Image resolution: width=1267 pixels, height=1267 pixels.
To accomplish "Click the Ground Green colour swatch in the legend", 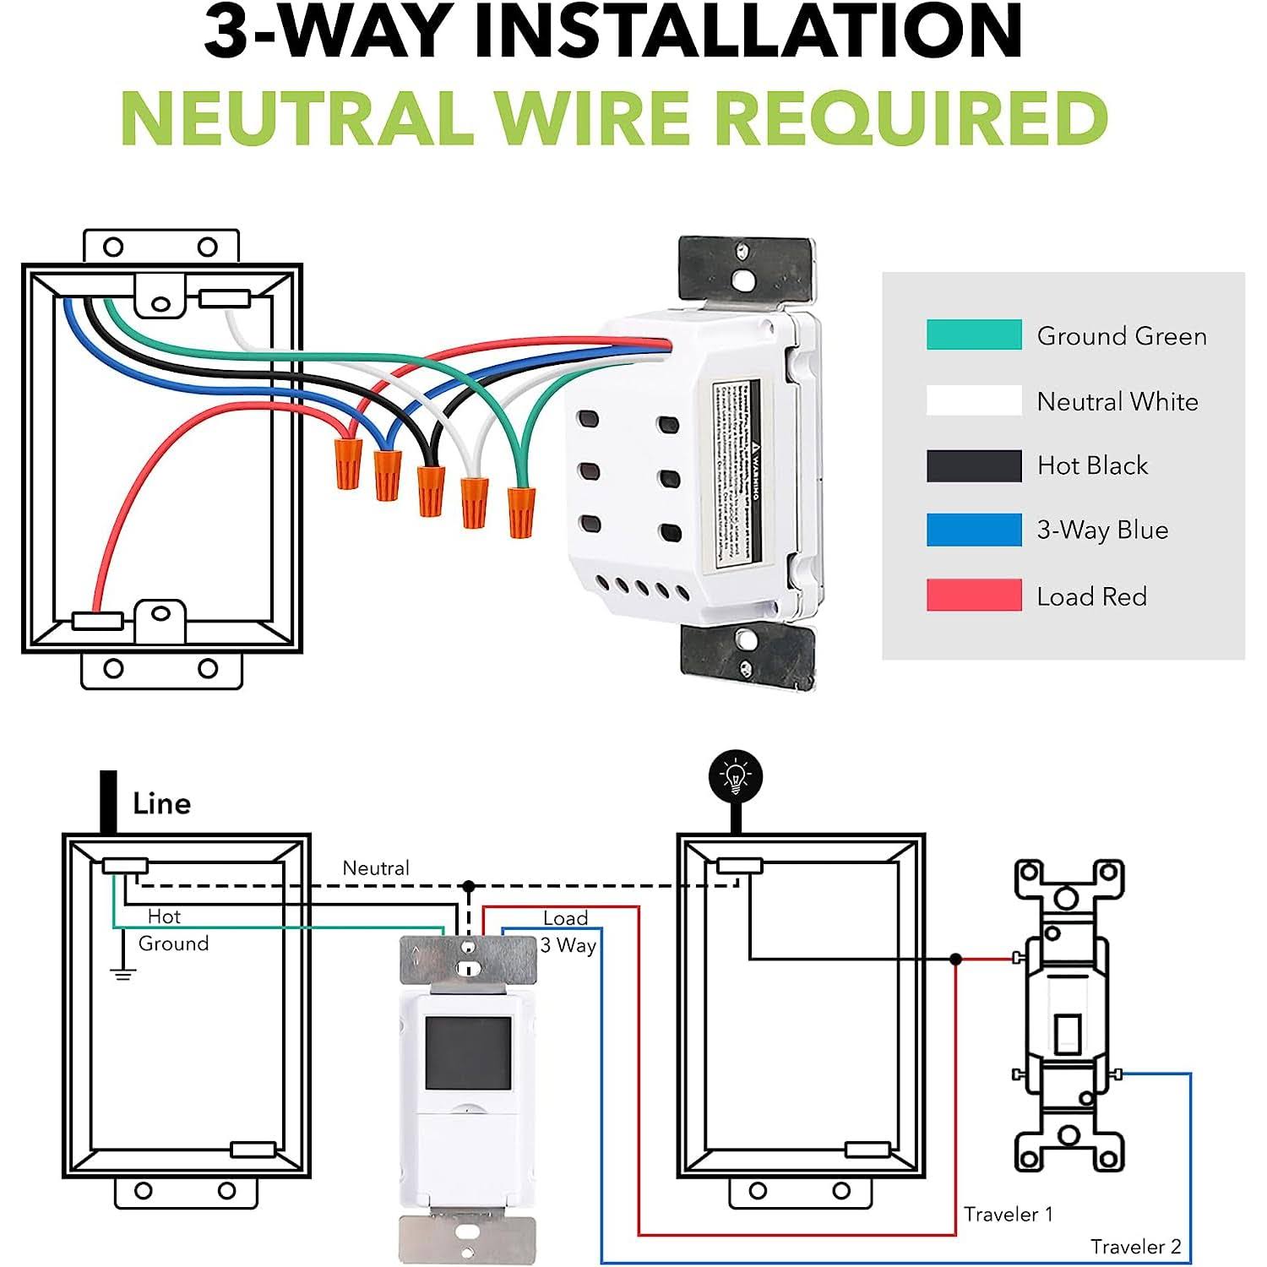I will pos(974,334).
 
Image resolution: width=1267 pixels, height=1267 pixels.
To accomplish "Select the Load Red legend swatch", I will pos(974,595).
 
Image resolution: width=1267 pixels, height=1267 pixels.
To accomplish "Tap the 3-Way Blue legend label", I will pos(1102,530).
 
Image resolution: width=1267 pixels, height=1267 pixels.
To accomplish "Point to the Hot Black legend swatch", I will pos(974,465).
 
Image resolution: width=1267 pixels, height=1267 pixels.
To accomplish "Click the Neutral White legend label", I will pos(1117,401).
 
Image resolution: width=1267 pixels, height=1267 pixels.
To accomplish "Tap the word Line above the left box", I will pos(161,803).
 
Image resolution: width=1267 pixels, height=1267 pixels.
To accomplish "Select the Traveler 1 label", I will pos(1009,1215).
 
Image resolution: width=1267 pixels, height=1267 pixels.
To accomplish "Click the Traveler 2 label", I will pos(1135,1247).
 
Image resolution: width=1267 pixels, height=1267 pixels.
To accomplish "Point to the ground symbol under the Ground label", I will pos(123,974).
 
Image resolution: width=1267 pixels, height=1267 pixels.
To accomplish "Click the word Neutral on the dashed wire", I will pos(375,868).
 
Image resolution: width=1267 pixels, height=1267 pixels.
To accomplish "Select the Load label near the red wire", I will pos(565,918).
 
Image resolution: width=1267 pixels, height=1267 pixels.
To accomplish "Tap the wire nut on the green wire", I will pos(520,512).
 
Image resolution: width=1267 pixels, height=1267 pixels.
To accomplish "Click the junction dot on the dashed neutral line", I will pos(469,886).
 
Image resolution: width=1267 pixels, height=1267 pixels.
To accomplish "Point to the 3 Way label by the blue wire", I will pos(568,946).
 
